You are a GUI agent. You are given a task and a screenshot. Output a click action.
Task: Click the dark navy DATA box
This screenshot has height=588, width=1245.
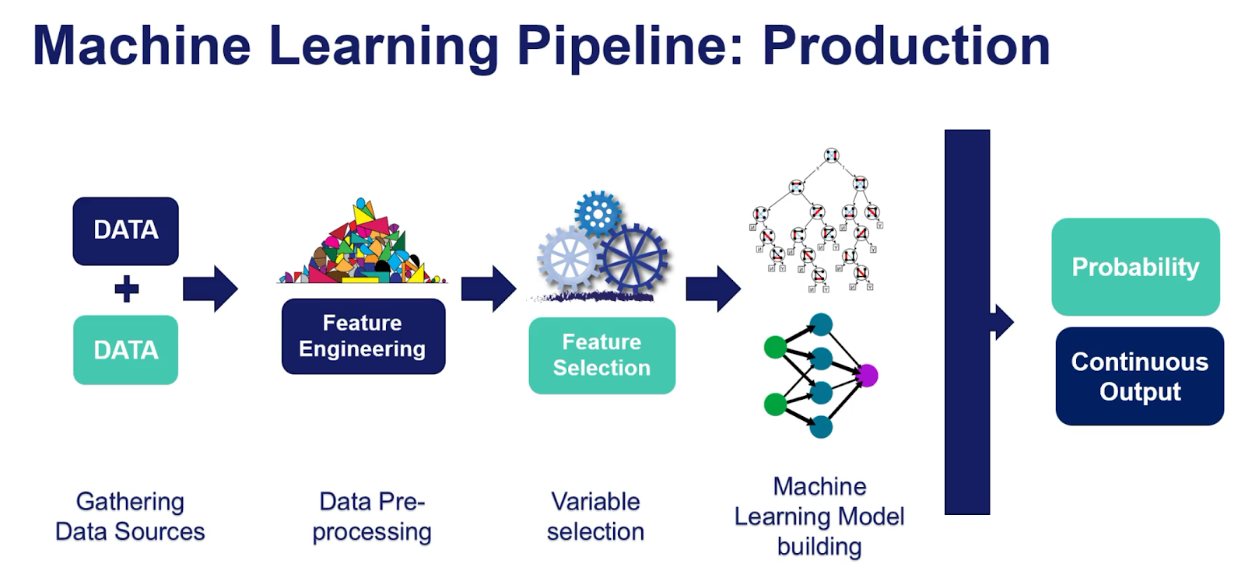tap(125, 231)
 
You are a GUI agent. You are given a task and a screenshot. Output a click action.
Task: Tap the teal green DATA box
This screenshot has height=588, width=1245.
tap(125, 350)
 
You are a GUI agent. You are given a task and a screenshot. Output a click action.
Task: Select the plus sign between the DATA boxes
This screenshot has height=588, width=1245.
tap(126, 289)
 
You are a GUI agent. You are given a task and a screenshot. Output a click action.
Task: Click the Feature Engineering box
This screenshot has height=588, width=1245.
tap(363, 336)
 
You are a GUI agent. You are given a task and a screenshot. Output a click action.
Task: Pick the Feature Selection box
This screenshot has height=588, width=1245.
tap(601, 355)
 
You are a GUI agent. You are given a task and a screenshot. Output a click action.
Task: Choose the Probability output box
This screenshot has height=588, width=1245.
tap(1135, 267)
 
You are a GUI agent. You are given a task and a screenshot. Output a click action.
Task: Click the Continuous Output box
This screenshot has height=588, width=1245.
tap(1139, 376)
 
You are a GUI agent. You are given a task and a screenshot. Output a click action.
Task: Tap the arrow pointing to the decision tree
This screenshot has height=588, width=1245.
tap(713, 289)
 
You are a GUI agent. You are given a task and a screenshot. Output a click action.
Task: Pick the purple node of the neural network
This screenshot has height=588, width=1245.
tap(867, 376)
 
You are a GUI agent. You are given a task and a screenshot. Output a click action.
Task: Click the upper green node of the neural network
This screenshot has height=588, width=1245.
tap(775, 347)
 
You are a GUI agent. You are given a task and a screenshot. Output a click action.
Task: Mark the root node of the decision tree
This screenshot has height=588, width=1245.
tap(831, 156)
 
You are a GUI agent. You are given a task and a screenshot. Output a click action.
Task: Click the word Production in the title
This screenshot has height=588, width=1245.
tap(906, 46)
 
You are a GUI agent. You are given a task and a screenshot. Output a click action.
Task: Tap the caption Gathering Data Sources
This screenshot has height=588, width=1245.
tap(130, 516)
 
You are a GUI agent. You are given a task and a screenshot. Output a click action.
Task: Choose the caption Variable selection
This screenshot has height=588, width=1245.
tap(595, 516)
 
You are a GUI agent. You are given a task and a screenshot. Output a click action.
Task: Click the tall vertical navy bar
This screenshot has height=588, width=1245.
tap(966, 322)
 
